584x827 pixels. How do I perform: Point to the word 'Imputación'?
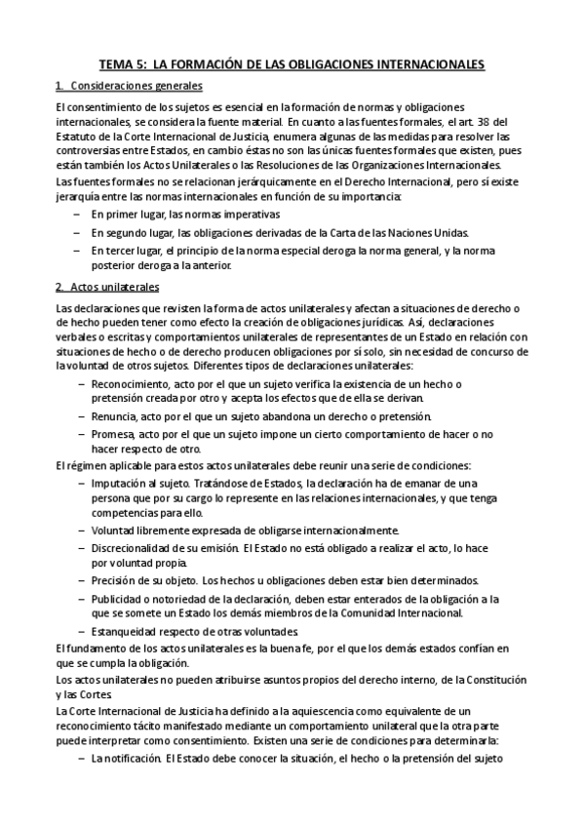[x=119, y=483]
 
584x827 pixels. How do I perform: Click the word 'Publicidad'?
[x=118, y=598]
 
